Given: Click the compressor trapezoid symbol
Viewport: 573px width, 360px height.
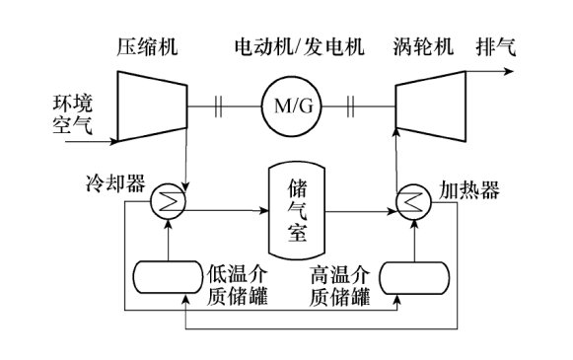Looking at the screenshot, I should pos(145,102).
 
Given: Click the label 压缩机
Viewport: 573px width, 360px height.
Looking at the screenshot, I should pos(145,46).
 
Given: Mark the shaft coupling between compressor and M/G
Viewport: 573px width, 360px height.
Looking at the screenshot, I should pos(215,102).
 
